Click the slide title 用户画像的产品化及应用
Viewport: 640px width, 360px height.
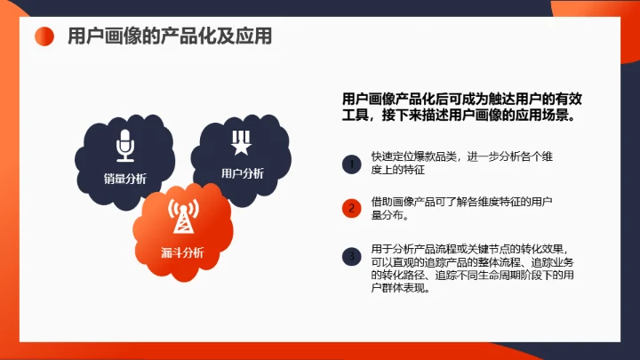coord(170,36)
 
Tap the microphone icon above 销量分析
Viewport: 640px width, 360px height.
coord(124,145)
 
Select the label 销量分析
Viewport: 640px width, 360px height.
coord(124,178)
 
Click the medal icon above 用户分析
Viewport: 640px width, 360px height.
coord(241,142)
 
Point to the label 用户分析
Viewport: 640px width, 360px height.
coord(242,173)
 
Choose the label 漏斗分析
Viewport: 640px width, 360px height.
coord(183,252)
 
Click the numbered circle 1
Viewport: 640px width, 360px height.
coord(352,163)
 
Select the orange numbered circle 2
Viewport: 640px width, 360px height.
coord(352,209)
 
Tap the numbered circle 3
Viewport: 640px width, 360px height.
coord(352,257)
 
